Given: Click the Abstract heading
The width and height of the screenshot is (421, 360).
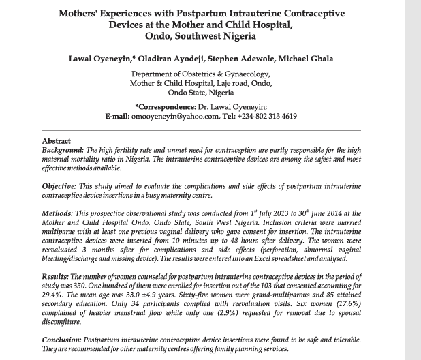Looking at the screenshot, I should point(57,140).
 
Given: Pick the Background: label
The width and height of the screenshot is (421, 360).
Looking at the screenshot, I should point(63,149).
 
